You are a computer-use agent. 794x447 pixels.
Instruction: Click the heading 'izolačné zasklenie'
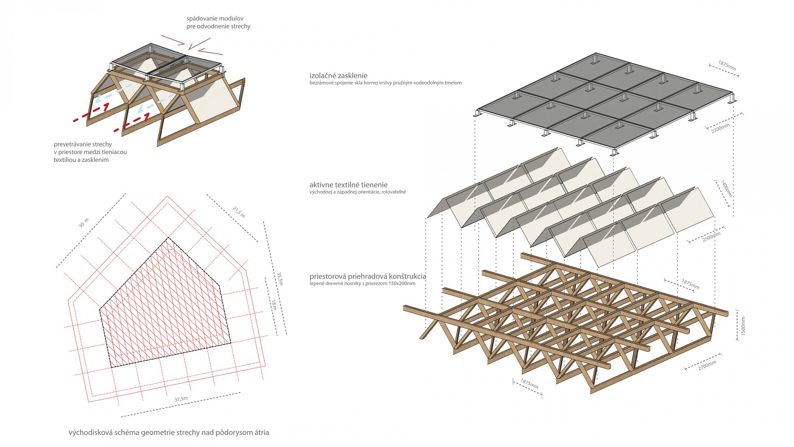[338, 76]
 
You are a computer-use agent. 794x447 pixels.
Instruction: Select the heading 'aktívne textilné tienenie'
[348, 185]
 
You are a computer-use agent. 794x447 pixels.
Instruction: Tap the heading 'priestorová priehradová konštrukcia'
[367, 276]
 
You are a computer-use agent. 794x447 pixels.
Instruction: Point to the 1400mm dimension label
[727, 188]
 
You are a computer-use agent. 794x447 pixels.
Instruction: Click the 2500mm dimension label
[711, 237]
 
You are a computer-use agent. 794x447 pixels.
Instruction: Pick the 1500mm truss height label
[743, 326]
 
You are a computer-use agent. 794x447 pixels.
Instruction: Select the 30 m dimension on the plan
[84, 223]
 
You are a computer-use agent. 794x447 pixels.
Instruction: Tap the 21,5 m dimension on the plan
[239, 212]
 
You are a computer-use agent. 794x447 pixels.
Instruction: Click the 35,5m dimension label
[280, 278]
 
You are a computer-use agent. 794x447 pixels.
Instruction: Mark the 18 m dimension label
[274, 304]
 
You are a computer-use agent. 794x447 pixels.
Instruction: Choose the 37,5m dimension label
[181, 399]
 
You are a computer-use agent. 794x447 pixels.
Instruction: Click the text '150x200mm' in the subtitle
[402, 284]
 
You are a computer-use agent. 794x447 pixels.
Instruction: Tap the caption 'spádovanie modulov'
[215, 18]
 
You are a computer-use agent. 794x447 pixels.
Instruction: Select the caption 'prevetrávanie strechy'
[83, 144]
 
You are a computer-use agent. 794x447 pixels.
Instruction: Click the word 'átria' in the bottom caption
[260, 433]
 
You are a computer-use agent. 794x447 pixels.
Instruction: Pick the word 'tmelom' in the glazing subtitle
[453, 83]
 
